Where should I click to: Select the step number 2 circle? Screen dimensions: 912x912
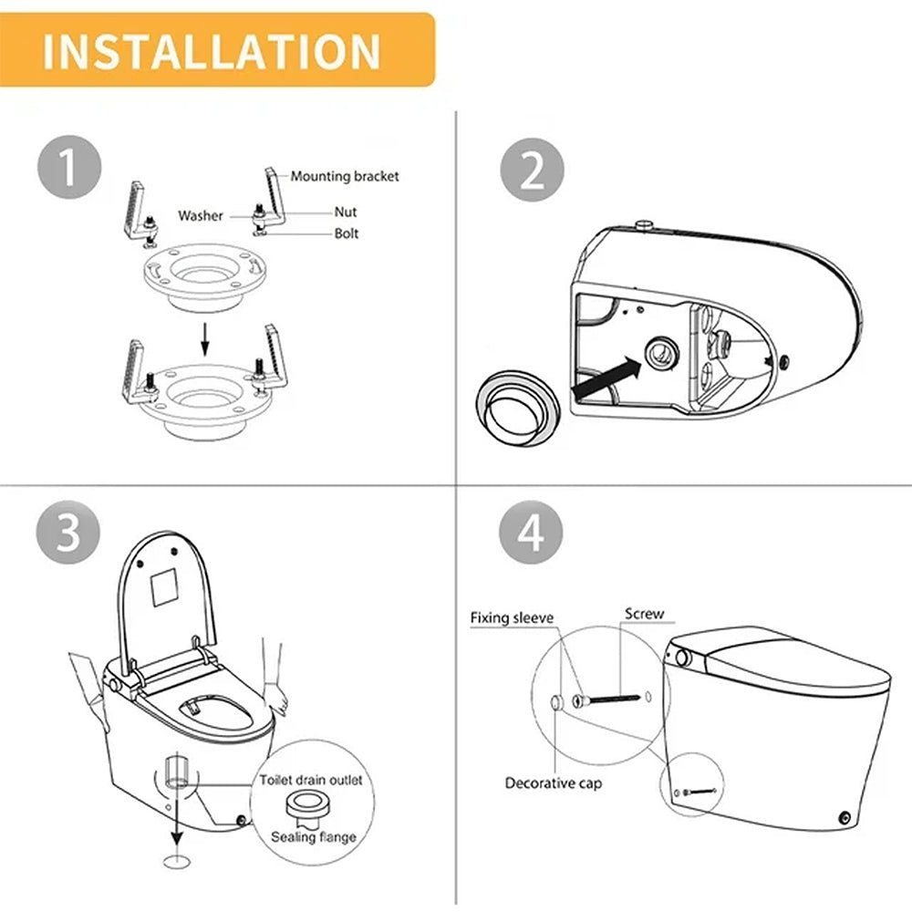tap(532, 171)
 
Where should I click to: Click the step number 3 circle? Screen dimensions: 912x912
tap(68, 534)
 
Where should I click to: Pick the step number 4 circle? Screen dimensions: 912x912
tap(532, 534)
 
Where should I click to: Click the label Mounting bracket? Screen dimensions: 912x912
tap(344, 176)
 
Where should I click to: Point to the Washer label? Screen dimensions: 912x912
tap(201, 216)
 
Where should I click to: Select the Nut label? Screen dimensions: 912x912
tap(346, 212)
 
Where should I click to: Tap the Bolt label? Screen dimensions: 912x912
tap(347, 233)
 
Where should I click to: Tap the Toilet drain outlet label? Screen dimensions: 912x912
tap(310, 780)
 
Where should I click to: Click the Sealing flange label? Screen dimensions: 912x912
tap(313, 837)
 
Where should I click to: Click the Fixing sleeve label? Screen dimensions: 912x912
tap(512, 617)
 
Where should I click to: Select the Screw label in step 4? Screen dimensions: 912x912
tap(644, 615)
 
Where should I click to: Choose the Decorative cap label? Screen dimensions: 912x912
tap(554, 782)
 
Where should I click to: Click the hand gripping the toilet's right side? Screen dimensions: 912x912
tap(278, 698)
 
